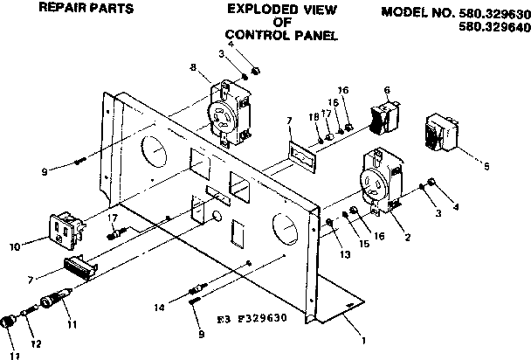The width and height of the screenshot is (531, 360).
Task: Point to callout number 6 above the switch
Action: point(386,89)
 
